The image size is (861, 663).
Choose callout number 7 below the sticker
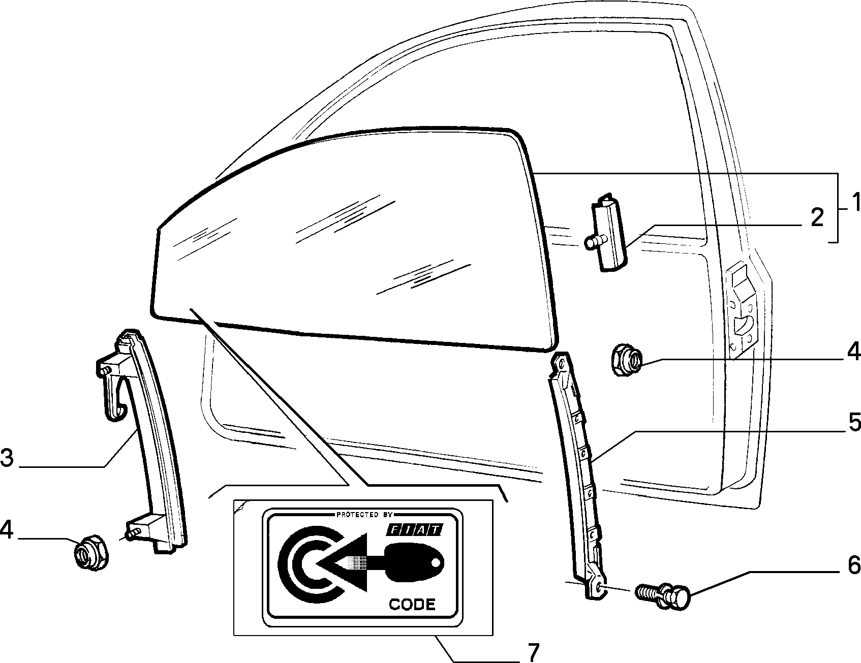coord(532,652)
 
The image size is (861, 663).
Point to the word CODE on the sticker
coord(412,605)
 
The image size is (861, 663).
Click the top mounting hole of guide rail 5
coord(562,364)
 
